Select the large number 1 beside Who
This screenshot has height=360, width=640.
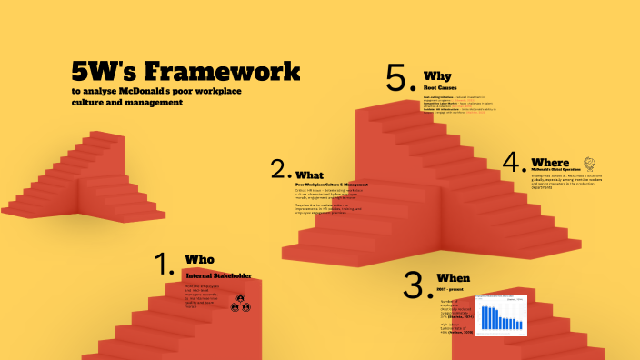[x=165, y=265]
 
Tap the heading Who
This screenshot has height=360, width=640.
[x=199, y=259]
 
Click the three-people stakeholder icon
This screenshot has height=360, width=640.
[x=240, y=304]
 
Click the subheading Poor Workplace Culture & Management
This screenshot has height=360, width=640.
[x=331, y=185]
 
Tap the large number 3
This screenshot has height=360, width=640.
[x=416, y=285]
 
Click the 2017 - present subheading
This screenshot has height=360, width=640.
[x=452, y=289]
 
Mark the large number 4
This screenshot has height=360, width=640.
[x=515, y=163]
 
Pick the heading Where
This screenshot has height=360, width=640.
[x=551, y=163]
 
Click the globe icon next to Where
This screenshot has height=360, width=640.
[x=589, y=164]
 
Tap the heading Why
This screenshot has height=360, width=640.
[x=438, y=75]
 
